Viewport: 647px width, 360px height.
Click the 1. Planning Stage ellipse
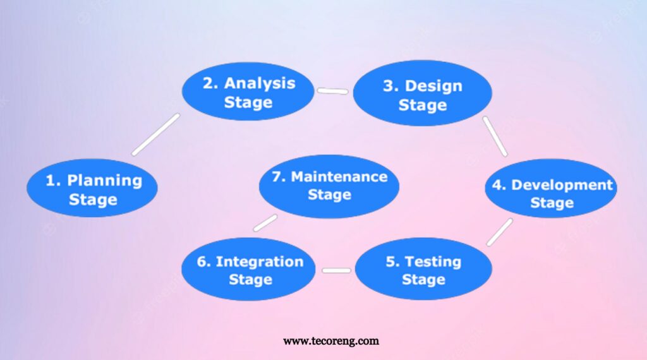pyautogui.click(x=92, y=189)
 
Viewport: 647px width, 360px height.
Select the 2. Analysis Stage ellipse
pyautogui.click(x=248, y=92)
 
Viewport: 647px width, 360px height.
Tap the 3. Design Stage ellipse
pyautogui.click(x=422, y=94)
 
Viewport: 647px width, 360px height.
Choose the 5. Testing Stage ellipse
pyautogui.click(x=423, y=269)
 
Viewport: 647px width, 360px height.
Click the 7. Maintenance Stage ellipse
pyautogui.click(x=329, y=186)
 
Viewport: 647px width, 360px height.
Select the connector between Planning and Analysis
pyautogui.click(x=155, y=135)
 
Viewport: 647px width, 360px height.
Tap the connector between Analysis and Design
pyautogui.click(x=332, y=91)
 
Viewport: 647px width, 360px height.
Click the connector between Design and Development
pyautogui.click(x=495, y=136)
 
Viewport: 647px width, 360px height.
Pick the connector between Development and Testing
pyautogui.click(x=499, y=232)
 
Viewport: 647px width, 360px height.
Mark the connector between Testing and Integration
pyautogui.click(x=336, y=270)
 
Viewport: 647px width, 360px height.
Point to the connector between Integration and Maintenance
pyautogui.click(x=265, y=223)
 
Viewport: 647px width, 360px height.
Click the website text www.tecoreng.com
pyautogui.click(x=331, y=341)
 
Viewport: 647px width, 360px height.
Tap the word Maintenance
pyautogui.click(x=339, y=177)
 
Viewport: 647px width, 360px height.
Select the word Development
pyautogui.click(x=562, y=185)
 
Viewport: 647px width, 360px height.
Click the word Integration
pyautogui.click(x=259, y=261)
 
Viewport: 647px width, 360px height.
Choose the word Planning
pyautogui.click(x=104, y=181)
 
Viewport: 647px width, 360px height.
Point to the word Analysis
pyautogui.click(x=259, y=83)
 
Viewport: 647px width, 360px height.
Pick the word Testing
pyautogui.click(x=433, y=261)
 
